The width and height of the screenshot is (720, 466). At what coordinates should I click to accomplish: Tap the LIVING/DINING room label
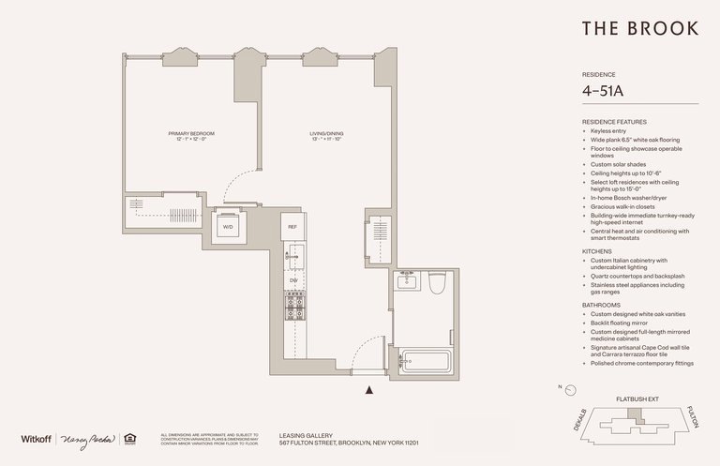point(327,136)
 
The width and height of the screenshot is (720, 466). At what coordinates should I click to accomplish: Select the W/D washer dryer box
point(228,228)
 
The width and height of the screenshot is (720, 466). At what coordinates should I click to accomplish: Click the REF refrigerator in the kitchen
point(292,227)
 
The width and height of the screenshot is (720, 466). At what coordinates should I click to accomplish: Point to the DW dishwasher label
point(292,279)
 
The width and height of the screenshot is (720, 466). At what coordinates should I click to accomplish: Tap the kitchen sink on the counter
point(292,254)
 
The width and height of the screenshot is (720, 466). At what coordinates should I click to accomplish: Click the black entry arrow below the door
point(371,390)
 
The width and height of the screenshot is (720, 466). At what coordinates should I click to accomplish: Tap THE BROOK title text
point(640,29)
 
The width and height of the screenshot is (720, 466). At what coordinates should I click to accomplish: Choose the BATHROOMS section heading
point(603,305)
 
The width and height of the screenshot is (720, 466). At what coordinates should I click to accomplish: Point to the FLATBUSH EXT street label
point(636,398)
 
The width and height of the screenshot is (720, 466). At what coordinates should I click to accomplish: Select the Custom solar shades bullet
point(620,164)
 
